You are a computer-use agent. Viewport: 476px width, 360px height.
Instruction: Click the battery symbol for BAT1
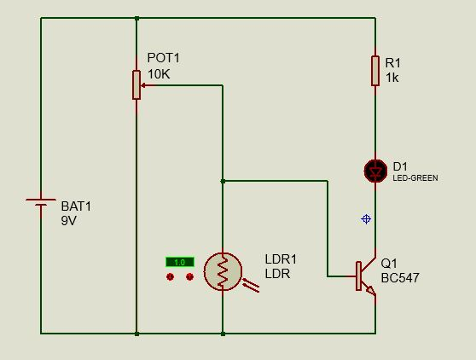click(41, 205)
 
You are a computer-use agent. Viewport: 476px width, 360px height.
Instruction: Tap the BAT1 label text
click(76, 206)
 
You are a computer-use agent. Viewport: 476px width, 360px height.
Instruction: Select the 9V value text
click(68, 220)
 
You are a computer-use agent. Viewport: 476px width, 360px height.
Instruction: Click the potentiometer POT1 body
click(136, 84)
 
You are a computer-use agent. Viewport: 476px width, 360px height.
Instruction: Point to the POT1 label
click(164, 58)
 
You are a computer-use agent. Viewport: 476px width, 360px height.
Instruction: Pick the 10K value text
click(159, 74)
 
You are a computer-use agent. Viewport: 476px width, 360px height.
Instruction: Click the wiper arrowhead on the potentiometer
click(146, 85)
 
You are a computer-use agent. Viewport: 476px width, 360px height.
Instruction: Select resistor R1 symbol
click(375, 71)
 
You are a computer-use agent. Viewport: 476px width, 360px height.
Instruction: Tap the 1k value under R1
click(392, 78)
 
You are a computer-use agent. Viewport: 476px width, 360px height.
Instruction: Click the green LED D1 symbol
click(375, 171)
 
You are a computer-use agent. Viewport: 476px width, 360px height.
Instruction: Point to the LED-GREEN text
click(415, 178)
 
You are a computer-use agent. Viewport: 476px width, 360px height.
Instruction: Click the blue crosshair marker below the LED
click(366, 219)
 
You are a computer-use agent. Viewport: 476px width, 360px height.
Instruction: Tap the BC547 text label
click(400, 278)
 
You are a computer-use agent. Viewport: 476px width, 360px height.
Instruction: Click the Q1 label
click(389, 264)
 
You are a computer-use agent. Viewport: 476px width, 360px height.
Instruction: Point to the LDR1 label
click(281, 258)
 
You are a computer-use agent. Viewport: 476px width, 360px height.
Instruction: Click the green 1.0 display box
click(179, 262)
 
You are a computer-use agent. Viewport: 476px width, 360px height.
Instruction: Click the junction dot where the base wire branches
click(223, 181)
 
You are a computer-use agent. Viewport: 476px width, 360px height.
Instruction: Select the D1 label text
click(400, 165)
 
